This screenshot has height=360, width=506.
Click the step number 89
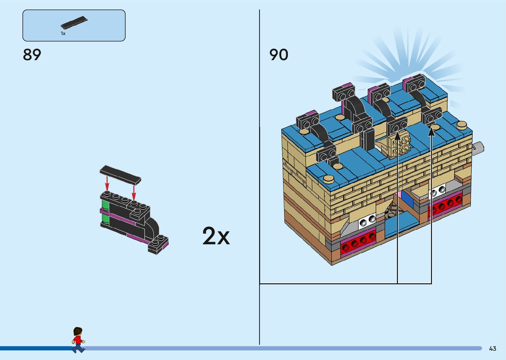click(x=32, y=55)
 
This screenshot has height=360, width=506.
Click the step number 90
click(x=279, y=55)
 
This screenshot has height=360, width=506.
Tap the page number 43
click(x=492, y=348)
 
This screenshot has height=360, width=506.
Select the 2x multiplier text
click(x=216, y=236)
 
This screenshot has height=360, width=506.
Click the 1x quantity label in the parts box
click(x=63, y=34)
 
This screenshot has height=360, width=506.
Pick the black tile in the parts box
click(x=74, y=22)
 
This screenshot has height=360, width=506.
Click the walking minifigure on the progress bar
click(x=78, y=340)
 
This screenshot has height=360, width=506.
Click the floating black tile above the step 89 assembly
click(x=120, y=175)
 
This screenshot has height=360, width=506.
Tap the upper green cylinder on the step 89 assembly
click(x=105, y=204)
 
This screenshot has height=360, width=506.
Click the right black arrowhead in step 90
click(x=431, y=132)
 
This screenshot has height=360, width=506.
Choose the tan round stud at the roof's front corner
click(x=329, y=179)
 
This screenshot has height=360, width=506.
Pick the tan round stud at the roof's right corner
click(x=462, y=125)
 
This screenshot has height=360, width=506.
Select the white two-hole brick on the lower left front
click(x=367, y=221)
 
